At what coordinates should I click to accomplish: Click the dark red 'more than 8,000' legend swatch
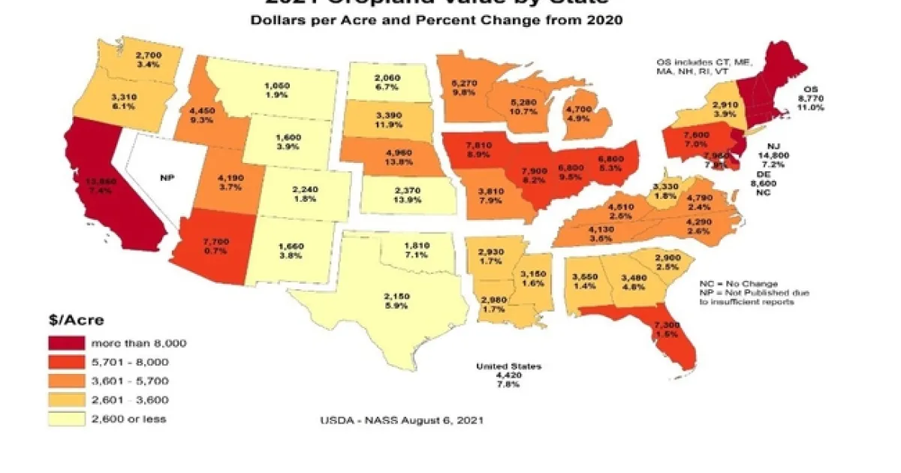pos(67,343)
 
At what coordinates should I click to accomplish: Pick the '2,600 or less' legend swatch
pos(67,419)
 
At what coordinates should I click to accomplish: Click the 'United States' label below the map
pos(508,366)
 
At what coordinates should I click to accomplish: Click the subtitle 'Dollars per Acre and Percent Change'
pos(436,20)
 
